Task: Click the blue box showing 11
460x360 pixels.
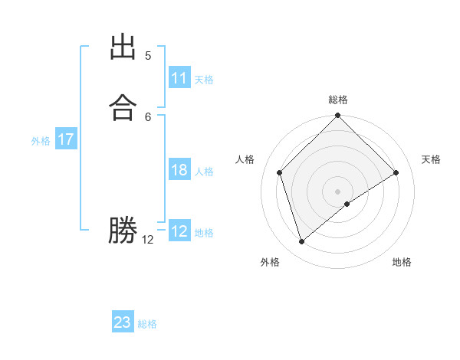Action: tap(179, 78)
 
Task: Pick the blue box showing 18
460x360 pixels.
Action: tap(179, 170)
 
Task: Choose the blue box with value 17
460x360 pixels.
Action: tap(66, 139)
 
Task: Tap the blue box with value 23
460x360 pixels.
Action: tap(123, 322)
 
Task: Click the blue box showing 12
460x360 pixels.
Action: tap(179, 231)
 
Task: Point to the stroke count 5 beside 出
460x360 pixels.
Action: tap(148, 56)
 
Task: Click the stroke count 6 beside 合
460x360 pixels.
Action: tap(148, 116)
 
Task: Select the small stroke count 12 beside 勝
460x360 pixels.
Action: tap(148, 240)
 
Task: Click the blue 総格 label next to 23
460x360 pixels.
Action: tap(147, 324)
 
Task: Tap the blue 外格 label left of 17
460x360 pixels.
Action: tap(41, 141)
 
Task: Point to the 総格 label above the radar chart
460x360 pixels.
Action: tap(338, 100)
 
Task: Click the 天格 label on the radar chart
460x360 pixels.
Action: tap(432, 159)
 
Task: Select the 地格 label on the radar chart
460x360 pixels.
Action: tap(402, 262)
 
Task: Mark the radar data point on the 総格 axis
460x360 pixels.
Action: tap(338, 116)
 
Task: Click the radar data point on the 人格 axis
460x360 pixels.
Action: tap(280, 172)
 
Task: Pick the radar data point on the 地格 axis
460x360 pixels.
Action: tap(347, 204)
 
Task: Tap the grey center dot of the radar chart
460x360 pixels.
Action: tap(338, 191)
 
